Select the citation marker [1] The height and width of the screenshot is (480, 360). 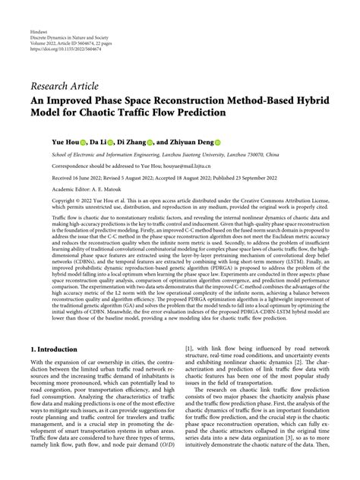point(188,349)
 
